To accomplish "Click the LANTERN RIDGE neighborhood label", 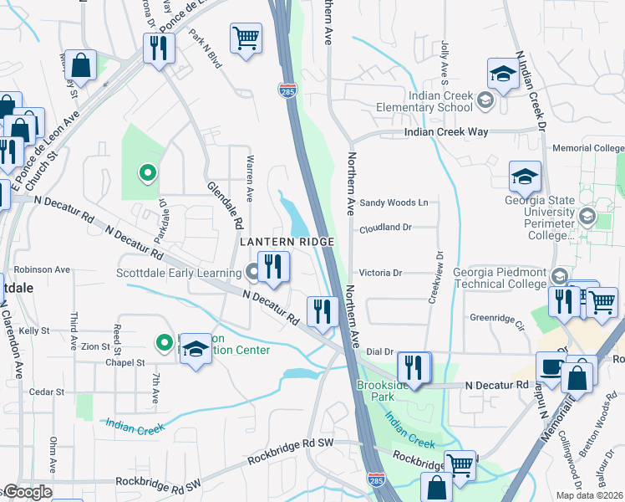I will click(x=287, y=242).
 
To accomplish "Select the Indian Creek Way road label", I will click(x=445, y=132).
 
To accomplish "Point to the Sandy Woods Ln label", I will click(x=394, y=203).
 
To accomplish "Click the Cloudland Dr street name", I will click(x=386, y=228).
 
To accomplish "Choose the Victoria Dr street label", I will click(x=380, y=273).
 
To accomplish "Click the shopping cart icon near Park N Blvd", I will click(x=246, y=38).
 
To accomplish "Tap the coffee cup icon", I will click(x=551, y=367).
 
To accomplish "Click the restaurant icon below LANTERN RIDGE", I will click(x=273, y=267).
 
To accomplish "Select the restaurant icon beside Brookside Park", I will click(x=414, y=367).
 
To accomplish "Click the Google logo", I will click(x=27, y=491).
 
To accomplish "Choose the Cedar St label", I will click(x=47, y=392).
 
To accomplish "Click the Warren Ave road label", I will click(x=249, y=177).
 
